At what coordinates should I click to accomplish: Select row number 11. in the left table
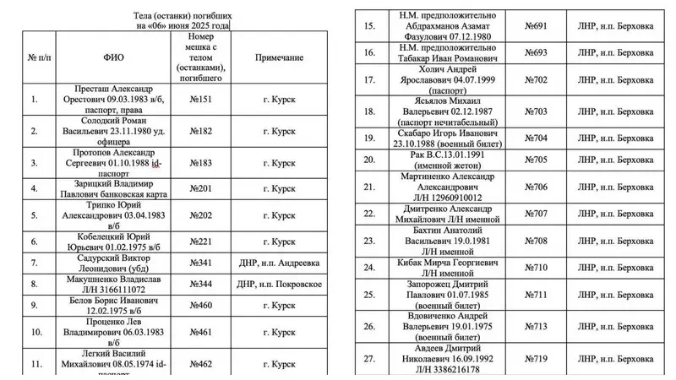pyautogui.click(x=35, y=363)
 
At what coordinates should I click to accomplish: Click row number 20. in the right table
pyautogui.click(x=368, y=158)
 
